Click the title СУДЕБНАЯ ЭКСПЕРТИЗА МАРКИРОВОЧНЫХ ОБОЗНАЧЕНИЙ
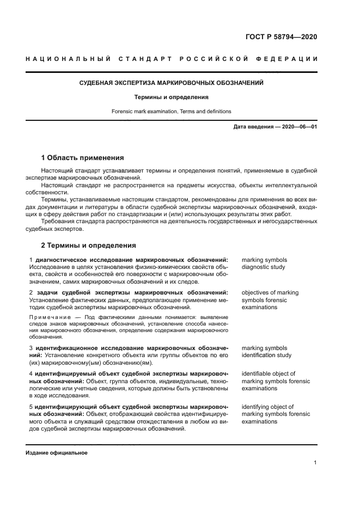click(171, 83)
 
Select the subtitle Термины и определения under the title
click(172, 97)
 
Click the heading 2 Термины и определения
click(89, 246)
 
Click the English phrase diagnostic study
click(263, 267)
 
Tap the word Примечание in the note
click(47, 317)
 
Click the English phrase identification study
click(266, 355)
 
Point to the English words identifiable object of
click(269, 374)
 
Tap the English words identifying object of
click(267, 407)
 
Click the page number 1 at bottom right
click(315, 463)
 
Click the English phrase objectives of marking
click(270, 293)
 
